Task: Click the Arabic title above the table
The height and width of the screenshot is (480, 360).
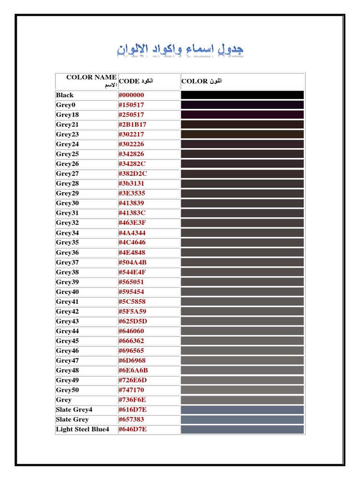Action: (x=180, y=49)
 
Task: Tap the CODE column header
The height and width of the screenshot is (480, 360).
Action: (x=136, y=81)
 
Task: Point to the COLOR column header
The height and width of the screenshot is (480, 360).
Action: (x=202, y=81)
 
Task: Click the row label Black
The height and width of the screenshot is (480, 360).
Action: (x=65, y=95)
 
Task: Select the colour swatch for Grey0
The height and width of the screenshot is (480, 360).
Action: (x=242, y=105)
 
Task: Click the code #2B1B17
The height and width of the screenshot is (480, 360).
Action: (x=132, y=125)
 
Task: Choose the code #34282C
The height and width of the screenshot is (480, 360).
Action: (x=132, y=164)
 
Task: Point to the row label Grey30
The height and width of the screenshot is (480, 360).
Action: (x=67, y=203)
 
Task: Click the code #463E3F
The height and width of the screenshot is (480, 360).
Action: (x=132, y=223)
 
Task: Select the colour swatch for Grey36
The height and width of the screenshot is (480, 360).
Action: (x=242, y=253)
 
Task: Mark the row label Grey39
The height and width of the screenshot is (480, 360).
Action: (x=67, y=282)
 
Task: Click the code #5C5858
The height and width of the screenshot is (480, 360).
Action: (x=132, y=301)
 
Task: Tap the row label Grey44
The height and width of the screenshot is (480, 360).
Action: (x=67, y=331)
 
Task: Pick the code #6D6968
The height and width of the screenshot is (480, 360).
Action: (x=132, y=360)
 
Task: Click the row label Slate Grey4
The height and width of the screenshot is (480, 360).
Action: (x=75, y=410)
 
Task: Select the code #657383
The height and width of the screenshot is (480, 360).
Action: (x=131, y=420)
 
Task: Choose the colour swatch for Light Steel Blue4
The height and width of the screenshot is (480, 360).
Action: (x=242, y=429)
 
